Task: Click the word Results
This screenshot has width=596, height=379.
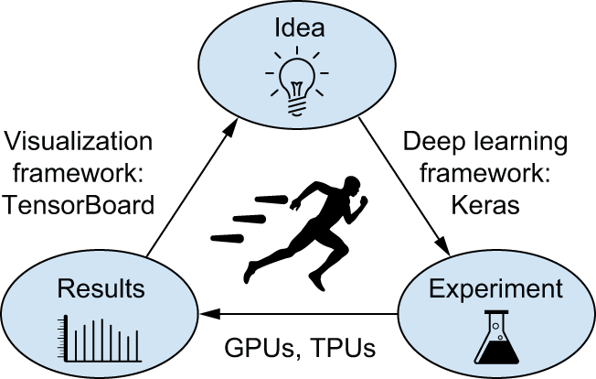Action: pos(101,290)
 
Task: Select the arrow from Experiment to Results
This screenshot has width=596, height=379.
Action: pos(302,315)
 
